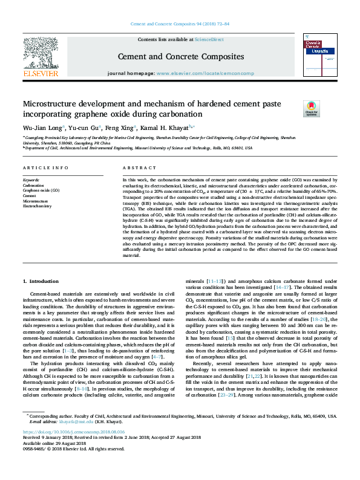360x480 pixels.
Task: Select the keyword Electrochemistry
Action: [x=38, y=206]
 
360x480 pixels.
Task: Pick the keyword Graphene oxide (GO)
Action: [x=41, y=190]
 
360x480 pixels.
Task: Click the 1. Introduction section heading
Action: [x=41, y=282]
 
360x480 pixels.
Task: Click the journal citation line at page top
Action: [x=180, y=24]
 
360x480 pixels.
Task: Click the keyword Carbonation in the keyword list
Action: [x=34, y=185]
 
